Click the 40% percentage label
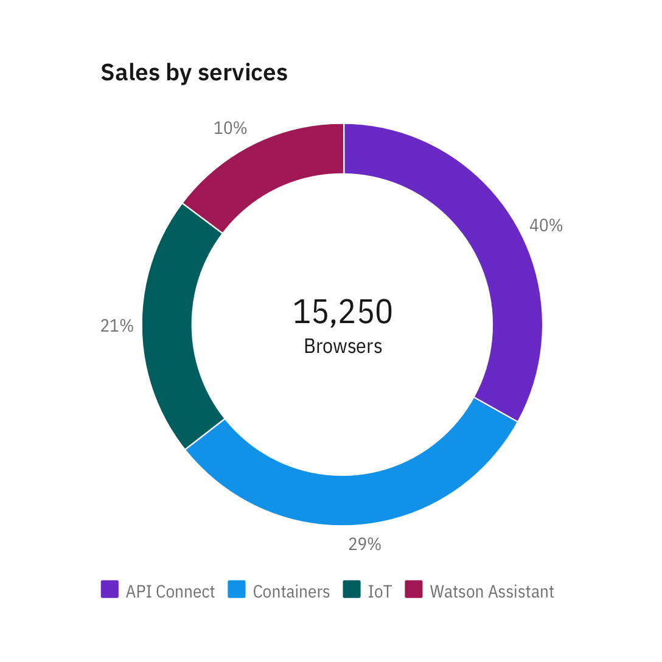[x=546, y=226]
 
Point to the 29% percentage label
[x=364, y=544]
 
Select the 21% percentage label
[x=117, y=326]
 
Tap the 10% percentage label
[x=230, y=128]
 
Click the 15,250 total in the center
[x=343, y=312]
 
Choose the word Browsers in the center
[x=343, y=346]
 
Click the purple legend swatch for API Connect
[x=110, y=590]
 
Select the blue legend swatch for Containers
[x=236, y=590]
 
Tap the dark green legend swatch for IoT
[x=352, y=590]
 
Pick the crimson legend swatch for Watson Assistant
[x=414, y=590]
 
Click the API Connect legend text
[x=170, y=591]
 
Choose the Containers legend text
[x=291, y=591]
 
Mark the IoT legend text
[x=380, y=591]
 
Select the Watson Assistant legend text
[x=492, y=591]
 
